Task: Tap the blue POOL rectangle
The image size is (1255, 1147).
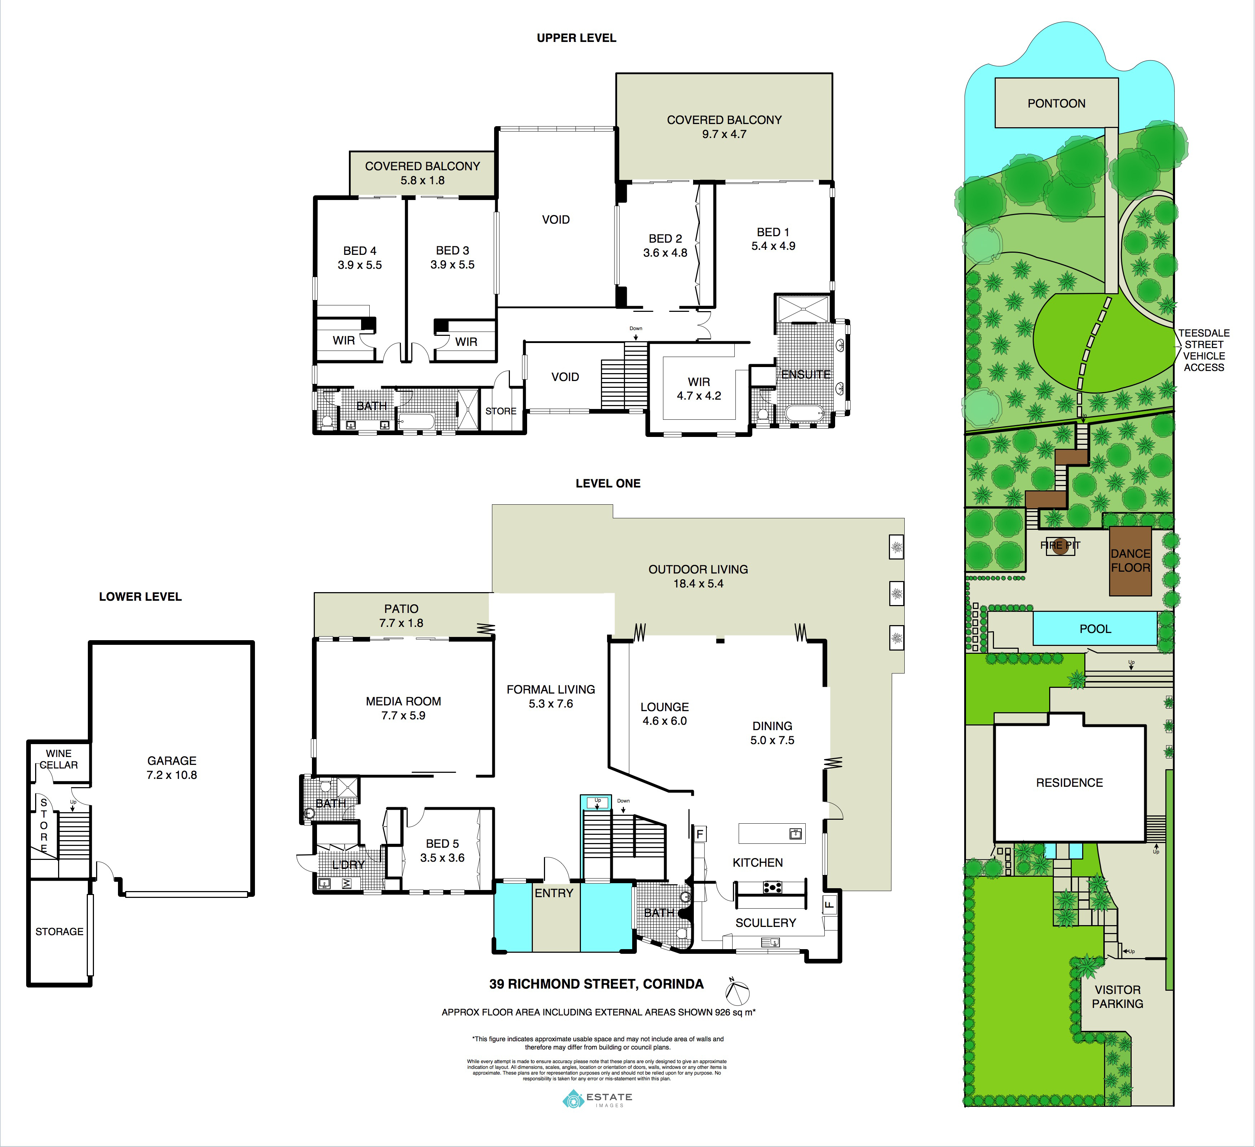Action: coord(1095,629)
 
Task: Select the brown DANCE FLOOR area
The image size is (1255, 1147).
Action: coord(1131,561)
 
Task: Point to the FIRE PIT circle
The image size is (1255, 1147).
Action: coord(1061,546)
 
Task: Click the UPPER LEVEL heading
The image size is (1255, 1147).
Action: coord(577,38)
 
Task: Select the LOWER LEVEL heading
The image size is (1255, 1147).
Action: coord(140,597)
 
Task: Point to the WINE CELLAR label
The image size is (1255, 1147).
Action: coord(59,759)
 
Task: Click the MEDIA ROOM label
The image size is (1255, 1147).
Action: coord(403,701)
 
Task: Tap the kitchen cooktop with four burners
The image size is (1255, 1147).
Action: coord(773,887)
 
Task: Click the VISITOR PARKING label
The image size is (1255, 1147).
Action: coord(1117,996)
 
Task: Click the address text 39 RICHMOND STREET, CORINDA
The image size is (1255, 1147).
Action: coord(596,984)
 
